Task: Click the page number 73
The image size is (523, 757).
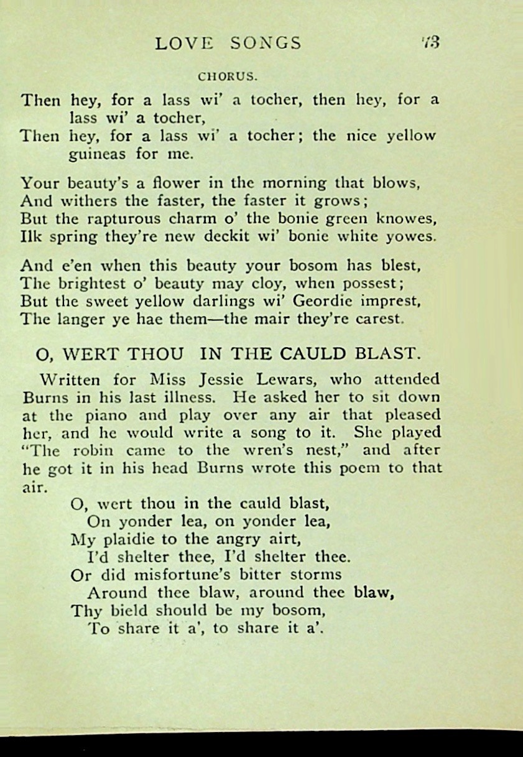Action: pyautogui.click(x=430, y=43)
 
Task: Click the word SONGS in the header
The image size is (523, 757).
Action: pyautogui.click(x=265, y=43)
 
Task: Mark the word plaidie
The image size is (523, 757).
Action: pyautogui.click(x=130, y=539)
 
